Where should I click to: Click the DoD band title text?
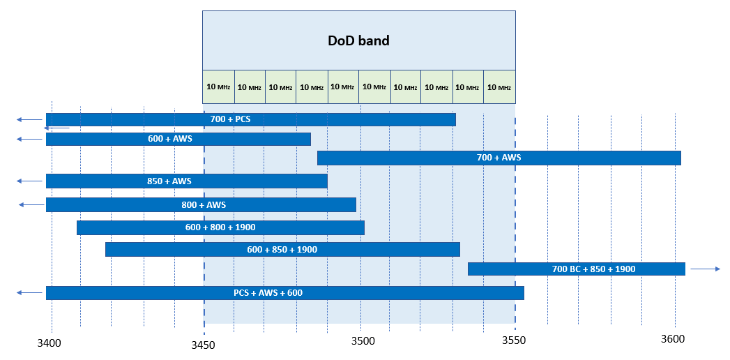(358, 40)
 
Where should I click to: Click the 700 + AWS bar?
(499, 158)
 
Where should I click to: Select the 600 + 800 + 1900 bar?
(220, 227)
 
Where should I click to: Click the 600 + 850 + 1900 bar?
(282, 249)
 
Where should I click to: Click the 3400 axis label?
(49, 343)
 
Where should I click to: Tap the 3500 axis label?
(363, 341)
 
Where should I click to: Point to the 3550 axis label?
(515, 341)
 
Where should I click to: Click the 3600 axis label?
(673, 339)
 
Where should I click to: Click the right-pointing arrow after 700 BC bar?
(705, 269)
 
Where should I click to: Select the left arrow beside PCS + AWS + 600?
(29, 293)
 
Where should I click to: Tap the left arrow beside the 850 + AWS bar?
(29, 181)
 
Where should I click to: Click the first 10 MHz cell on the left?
(218, 87)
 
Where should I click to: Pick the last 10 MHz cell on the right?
(499, 87)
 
